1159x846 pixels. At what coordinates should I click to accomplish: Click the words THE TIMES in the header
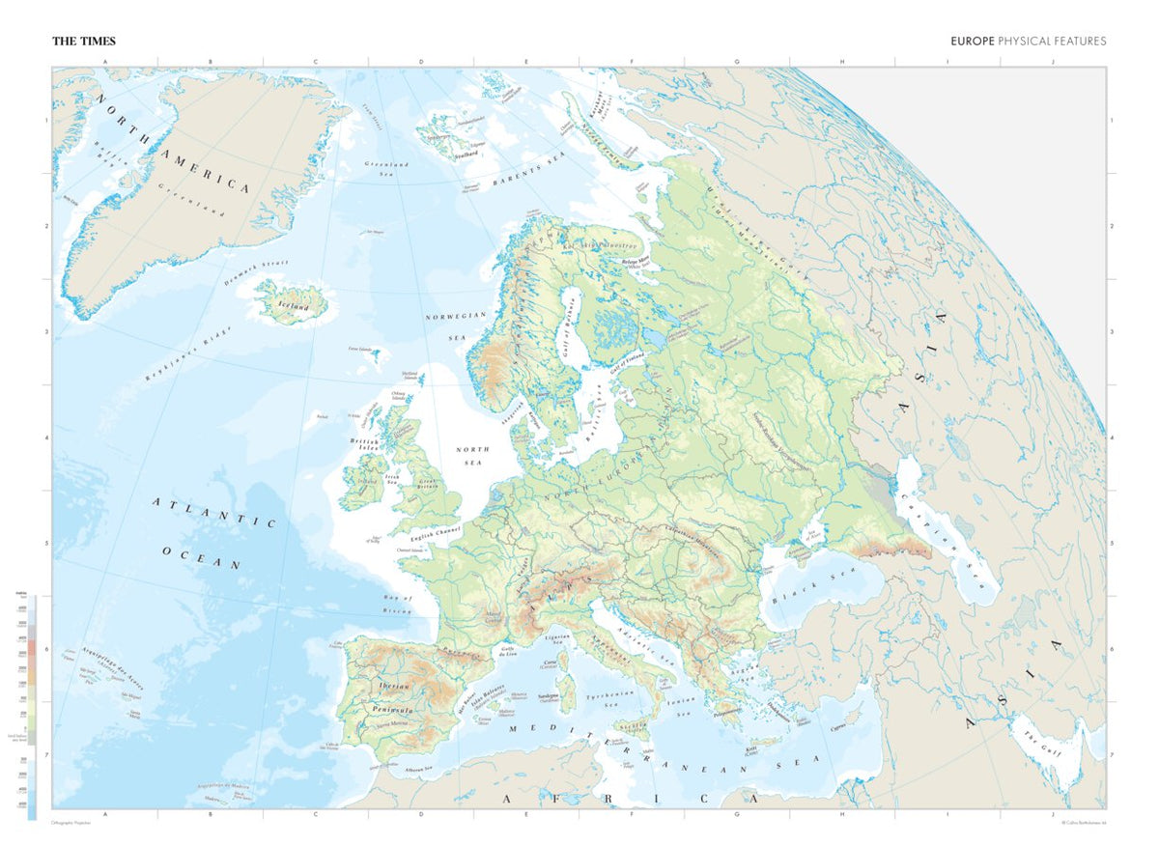84,42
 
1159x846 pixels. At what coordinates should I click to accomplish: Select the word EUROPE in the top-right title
972,42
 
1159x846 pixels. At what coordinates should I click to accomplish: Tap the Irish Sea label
391,477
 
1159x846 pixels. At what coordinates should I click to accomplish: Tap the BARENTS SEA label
527,168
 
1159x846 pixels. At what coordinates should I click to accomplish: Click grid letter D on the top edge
421,62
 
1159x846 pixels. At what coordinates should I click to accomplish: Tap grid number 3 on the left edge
44,332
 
